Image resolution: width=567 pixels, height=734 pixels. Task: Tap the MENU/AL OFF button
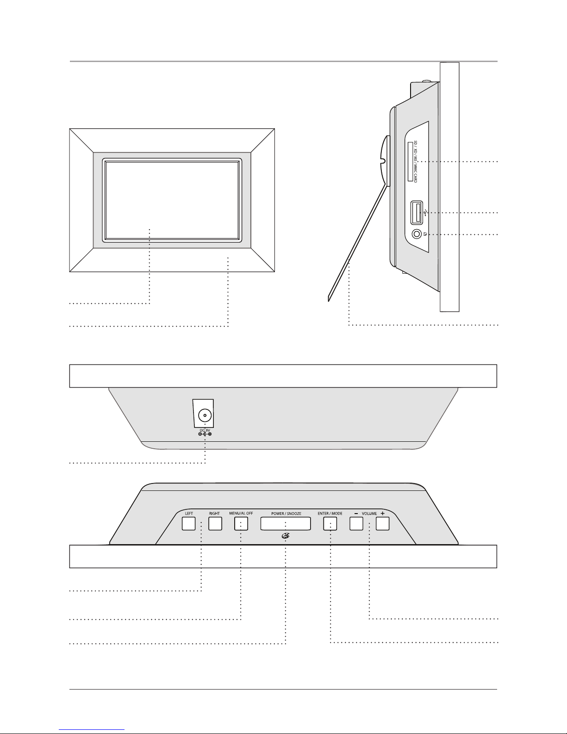(241, 524)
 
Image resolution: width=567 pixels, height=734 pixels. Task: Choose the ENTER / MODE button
(330, 524)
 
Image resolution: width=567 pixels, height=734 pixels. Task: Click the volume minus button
(355, 524)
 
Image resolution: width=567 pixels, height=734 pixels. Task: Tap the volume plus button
(382, 524)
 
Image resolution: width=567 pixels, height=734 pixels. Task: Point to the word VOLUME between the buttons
(369, 514)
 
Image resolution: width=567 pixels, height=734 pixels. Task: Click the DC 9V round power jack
(203, 415)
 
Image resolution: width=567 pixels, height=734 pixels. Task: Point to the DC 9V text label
(205, 430)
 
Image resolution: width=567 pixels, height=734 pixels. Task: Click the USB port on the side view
(416, 213)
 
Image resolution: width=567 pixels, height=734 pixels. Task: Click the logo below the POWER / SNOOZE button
(286, 536)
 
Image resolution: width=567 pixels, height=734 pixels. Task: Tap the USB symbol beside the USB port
(425, 213)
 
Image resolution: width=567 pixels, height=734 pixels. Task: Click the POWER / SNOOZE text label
(286, 514)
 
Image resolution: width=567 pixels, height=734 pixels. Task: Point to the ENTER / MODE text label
(330, 514)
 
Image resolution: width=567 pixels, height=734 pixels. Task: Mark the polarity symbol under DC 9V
(205, 435)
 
